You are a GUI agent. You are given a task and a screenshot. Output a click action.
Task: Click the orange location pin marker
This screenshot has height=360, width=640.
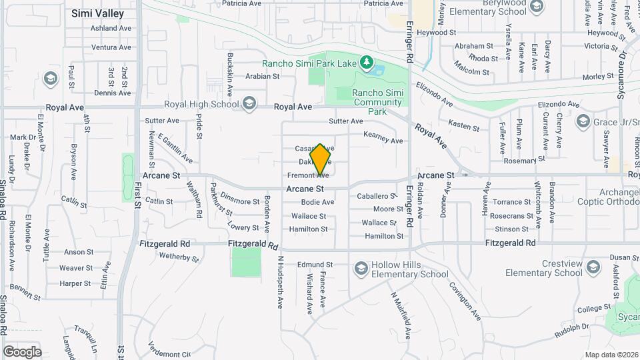[x=321, y=159]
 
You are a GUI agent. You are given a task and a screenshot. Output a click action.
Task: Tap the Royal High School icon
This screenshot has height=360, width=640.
[x=249, y=103]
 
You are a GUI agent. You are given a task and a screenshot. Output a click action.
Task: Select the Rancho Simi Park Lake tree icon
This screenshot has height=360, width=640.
[x=366, y=63]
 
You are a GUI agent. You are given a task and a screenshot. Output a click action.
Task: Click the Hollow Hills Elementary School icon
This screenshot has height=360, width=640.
[x=361, y=267]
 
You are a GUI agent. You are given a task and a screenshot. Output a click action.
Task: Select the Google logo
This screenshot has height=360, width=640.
[x=22, y=351]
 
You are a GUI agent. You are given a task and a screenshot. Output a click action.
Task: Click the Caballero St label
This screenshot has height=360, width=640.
[x=377, y=196]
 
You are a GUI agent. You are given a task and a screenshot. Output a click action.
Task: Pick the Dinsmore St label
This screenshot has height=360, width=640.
[x=239, y=200]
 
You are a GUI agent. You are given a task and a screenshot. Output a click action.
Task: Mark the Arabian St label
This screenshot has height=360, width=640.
[x=262, y=76]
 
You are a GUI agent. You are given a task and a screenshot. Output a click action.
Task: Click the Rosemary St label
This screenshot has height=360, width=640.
[x=520, y=161]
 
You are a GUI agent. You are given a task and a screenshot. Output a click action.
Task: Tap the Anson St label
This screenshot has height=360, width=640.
[x=79, y=252]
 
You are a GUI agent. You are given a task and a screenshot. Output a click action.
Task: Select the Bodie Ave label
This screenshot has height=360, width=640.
[x=317, y=202]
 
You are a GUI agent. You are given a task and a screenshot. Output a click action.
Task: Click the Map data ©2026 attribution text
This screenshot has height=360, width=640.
[x=611, y=355]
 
